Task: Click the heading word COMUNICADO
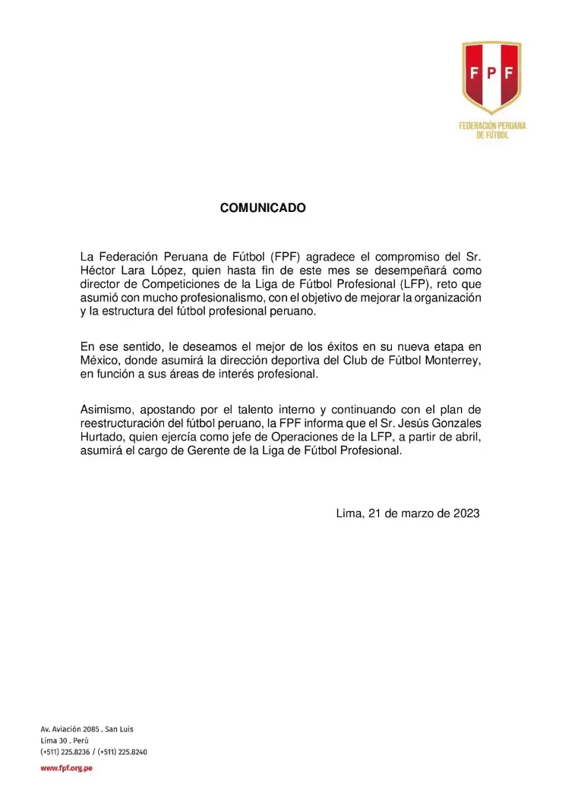(263, 207)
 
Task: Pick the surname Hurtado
(102, 437)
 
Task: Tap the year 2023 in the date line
(463, 513)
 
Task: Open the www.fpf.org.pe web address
(66, 768)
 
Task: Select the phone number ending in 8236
(67, 752)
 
